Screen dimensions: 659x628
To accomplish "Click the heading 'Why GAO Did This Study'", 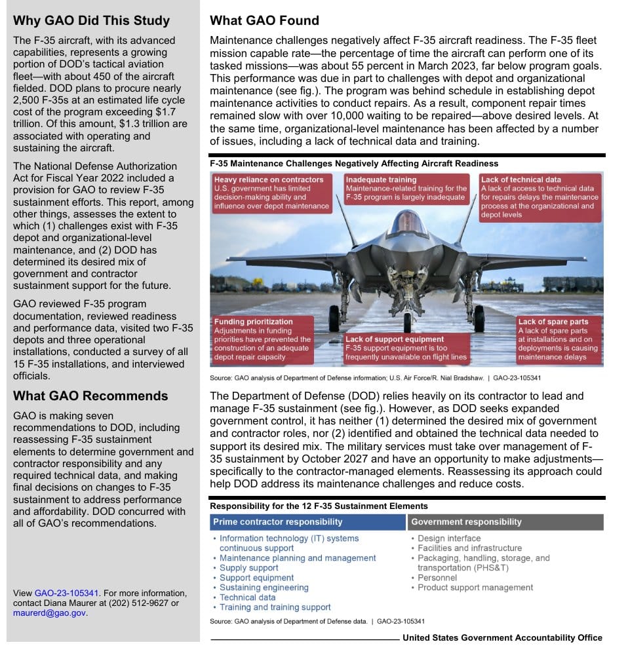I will (x=91, y=21).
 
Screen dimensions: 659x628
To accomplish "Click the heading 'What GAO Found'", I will (x=264, y=21).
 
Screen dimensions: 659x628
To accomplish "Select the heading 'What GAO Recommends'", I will (x=90, y=396).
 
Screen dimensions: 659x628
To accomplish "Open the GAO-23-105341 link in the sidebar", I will (x=66, y=593).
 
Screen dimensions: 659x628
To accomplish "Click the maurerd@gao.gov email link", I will (x=49, y=613).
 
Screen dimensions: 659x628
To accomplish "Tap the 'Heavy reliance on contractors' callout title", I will (x=269, y=179).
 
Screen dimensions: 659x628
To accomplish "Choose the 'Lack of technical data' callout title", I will (x=520, y=179).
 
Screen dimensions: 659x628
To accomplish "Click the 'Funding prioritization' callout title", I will (x=253, y=322).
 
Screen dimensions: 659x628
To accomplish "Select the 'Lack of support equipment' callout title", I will (x=395, y=339).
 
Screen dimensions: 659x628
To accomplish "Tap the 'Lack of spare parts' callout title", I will (x=553, y=322).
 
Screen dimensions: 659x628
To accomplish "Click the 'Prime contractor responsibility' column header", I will (x=277, y=522).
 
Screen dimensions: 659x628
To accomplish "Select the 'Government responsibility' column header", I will (x=466, y=522).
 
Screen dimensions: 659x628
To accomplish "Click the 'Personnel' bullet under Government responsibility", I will (x=437, y=578).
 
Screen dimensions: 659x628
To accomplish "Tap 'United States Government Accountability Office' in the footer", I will (x=502, y=638).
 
